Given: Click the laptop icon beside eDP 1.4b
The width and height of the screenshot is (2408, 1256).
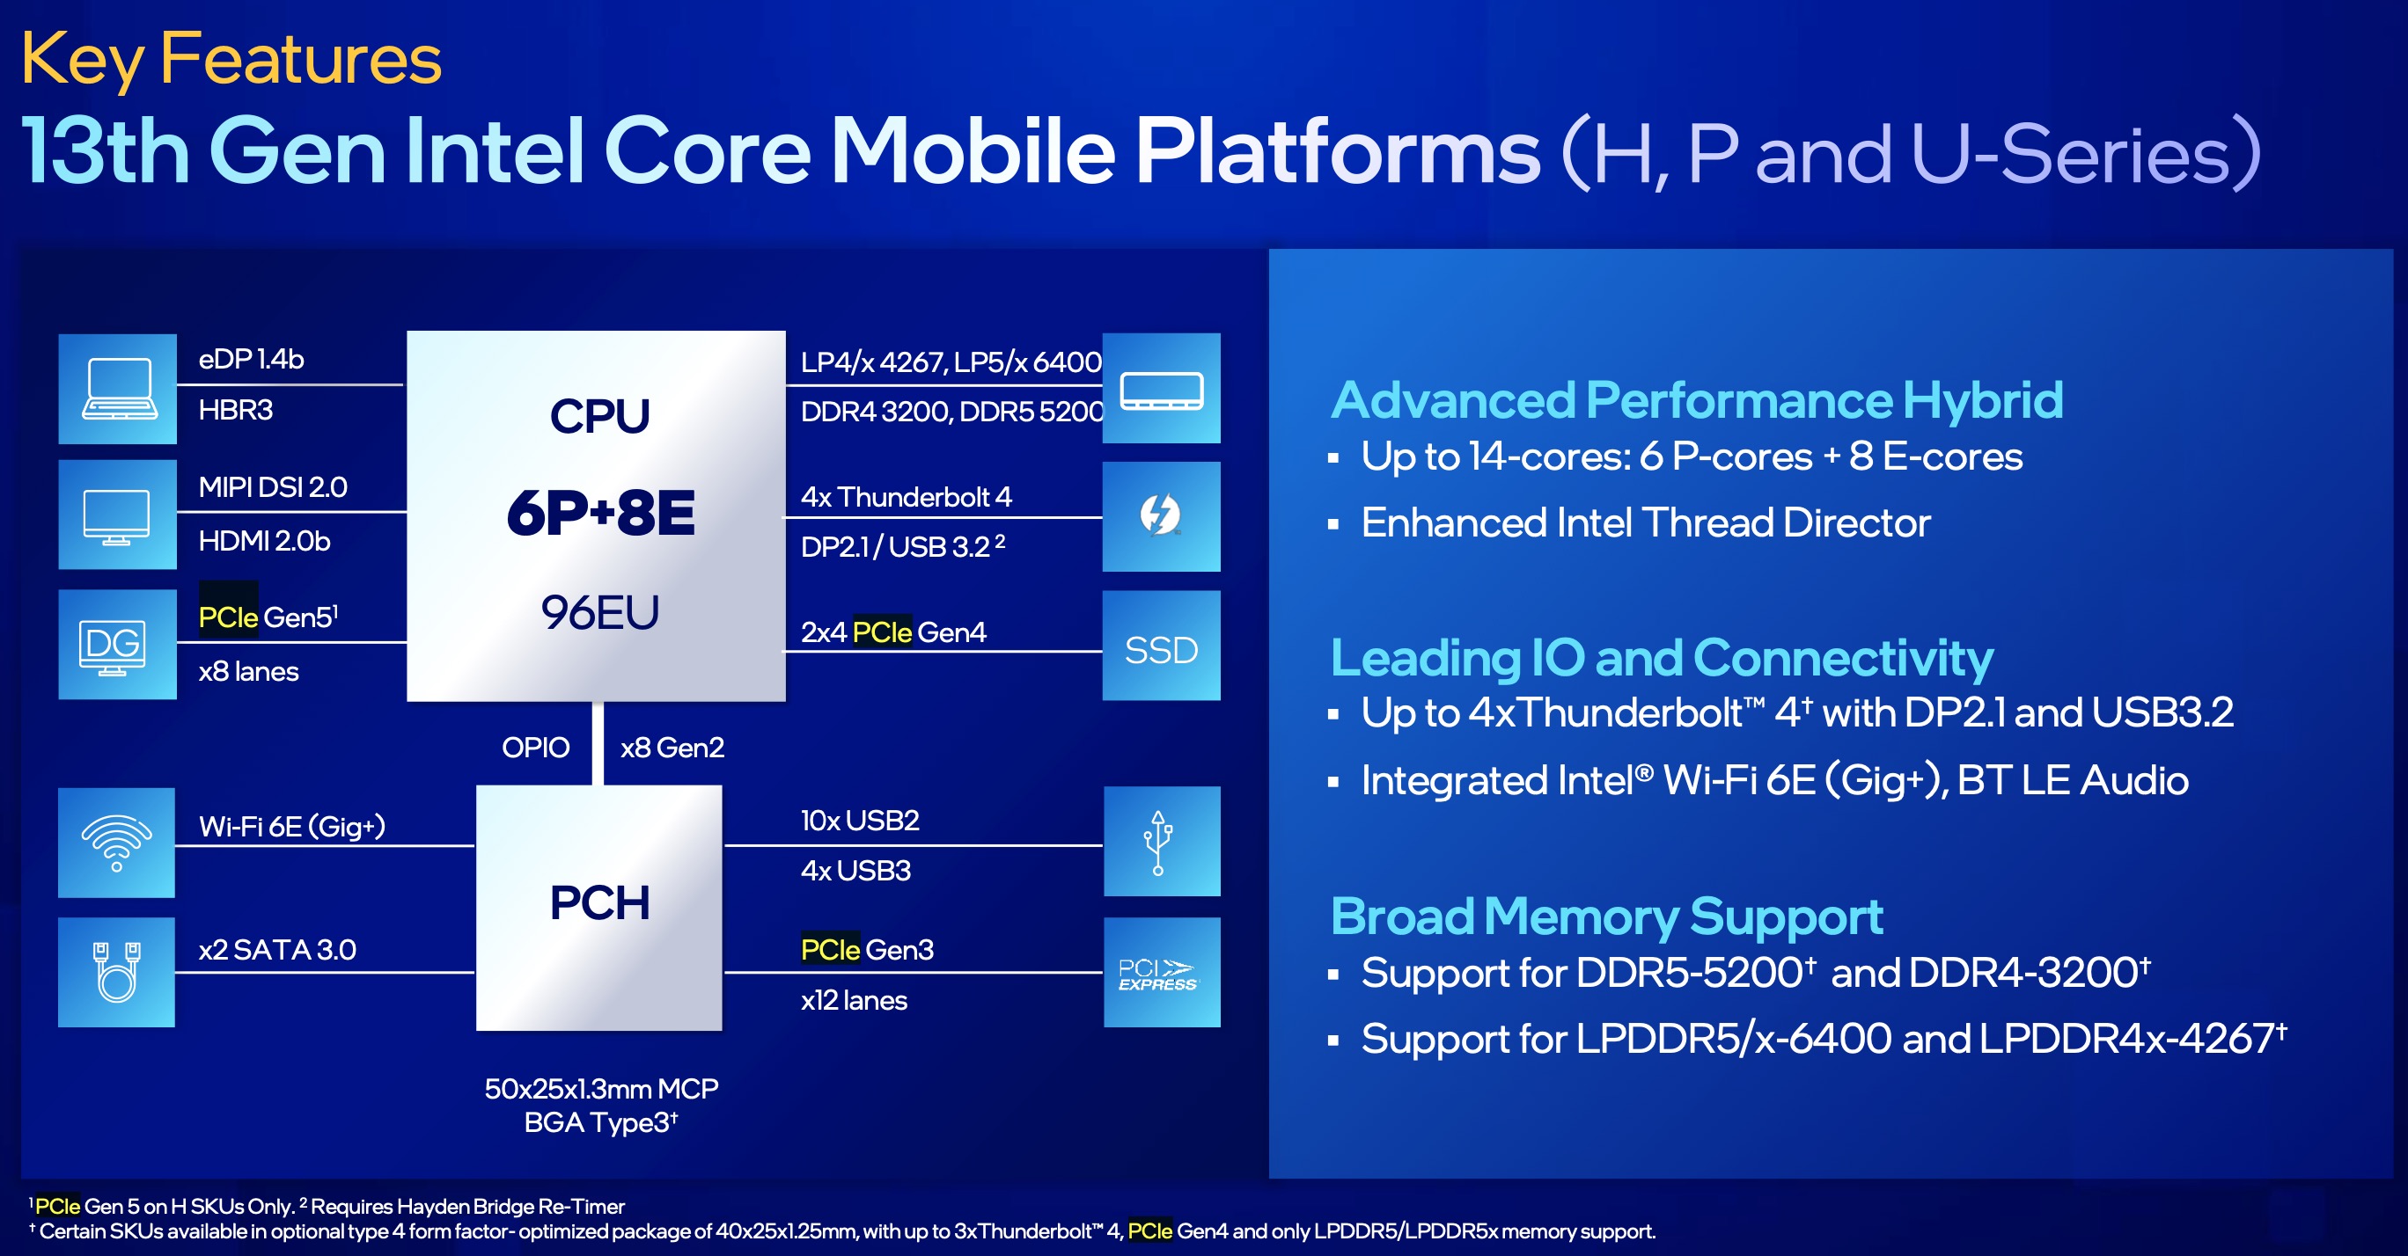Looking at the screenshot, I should click(x=117, y=389).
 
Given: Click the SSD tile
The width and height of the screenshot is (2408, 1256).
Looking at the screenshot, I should click(x=1160, y=648).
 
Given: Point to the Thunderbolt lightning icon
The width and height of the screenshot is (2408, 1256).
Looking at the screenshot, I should click(x=1160, y=515).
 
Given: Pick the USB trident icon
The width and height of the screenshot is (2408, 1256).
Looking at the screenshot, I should click(x=1158, y=842).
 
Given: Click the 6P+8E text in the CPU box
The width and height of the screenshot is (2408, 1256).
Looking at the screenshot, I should click(x=600, y=513).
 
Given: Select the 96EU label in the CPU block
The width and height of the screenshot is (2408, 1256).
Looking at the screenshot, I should click(x=600, y=613).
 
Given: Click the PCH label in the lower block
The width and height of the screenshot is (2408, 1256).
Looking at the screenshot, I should click(x=599, y=902).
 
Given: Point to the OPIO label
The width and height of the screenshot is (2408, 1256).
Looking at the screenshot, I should click(x=535, y=748).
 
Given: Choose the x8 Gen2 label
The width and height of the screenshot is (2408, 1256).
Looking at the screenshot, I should click(x=672, y=748).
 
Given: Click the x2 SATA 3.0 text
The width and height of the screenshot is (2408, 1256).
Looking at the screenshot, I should click(x=276, y=950).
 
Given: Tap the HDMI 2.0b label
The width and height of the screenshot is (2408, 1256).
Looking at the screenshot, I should click(x=265, y=541).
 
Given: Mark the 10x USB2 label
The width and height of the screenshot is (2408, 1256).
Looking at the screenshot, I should click(x=859, y=821).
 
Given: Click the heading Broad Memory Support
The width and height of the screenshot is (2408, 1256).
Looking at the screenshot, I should click(x=1605, y=916).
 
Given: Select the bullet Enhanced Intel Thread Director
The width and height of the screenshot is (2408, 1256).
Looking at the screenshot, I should click(x=1644, y=522).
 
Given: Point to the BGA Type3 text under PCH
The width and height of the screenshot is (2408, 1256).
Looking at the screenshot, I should click(x=600, y=1122).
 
